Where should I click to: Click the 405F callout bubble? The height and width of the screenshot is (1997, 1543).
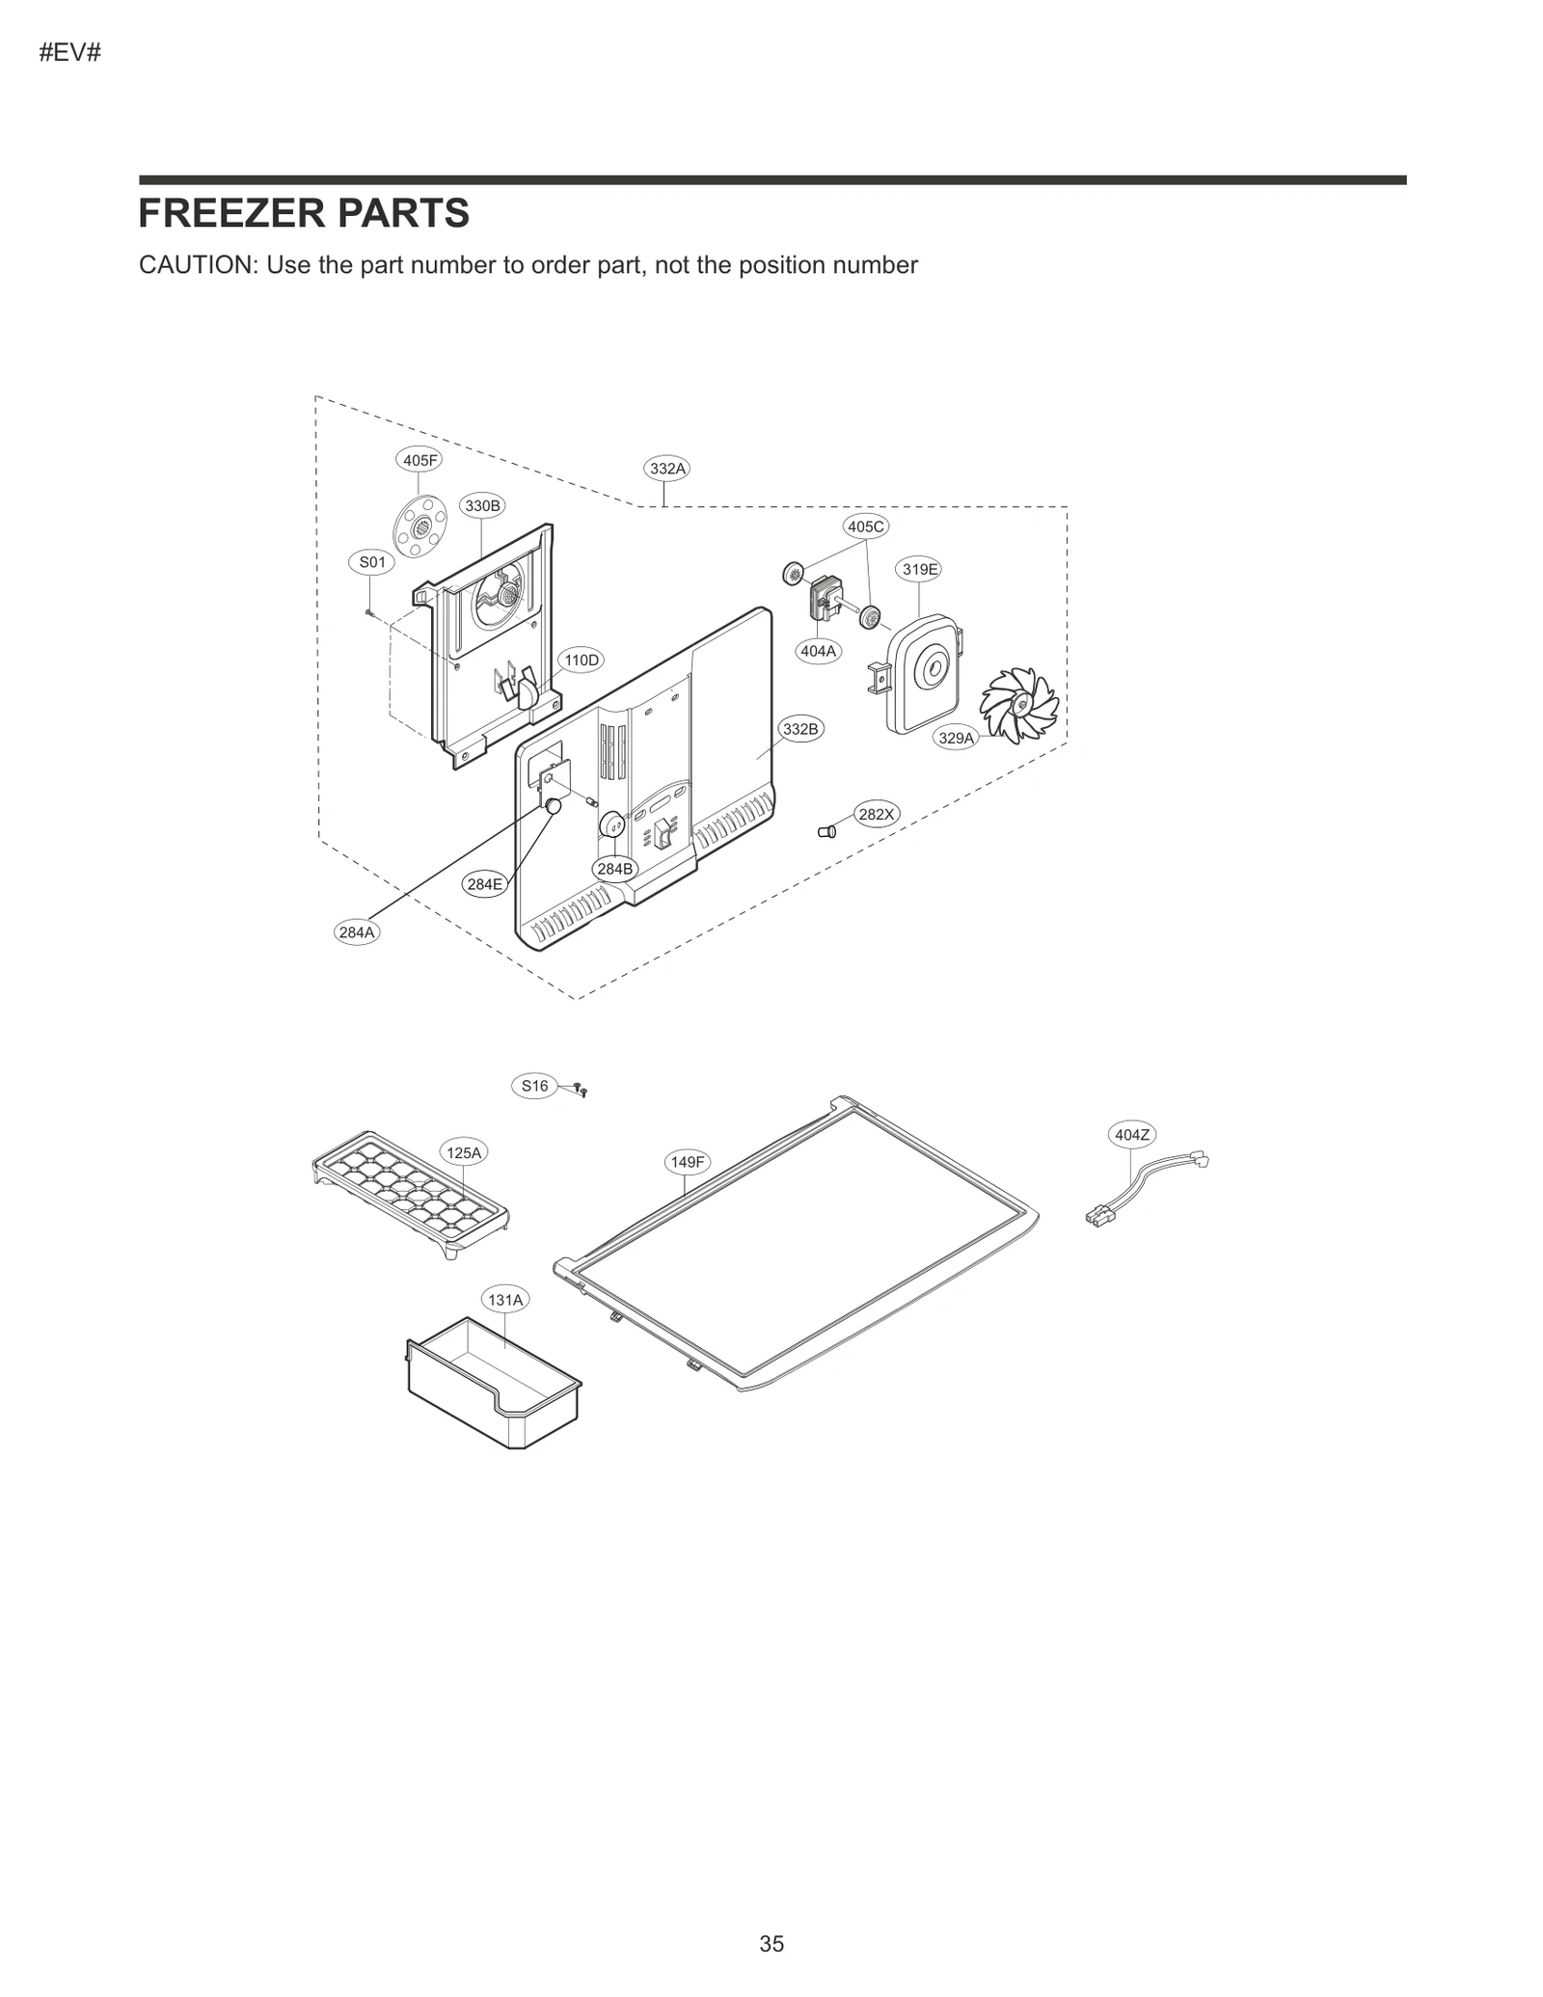tap(420, 460)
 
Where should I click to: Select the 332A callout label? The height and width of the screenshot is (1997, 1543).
tap(667, 469)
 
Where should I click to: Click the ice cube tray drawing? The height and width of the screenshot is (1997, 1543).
tap(410, 1194)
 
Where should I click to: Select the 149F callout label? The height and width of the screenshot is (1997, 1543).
tap(688, 1162)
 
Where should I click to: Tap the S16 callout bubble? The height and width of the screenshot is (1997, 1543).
tap(534, 1086)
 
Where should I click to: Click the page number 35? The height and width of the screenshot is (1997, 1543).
tap(771, 1944)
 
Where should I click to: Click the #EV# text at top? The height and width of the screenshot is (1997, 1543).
tap(69, 52)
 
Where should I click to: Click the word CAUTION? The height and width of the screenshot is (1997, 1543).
tap(198, 265)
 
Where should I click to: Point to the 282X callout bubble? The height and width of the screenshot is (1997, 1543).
tap(877, 814)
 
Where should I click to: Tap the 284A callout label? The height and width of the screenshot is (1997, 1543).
tap(357, 931)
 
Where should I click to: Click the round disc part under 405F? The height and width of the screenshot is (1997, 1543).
tap(420, 526)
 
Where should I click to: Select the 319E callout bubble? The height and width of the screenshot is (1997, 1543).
tap(920, 569)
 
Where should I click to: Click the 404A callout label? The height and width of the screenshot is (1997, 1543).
tap(819, 651)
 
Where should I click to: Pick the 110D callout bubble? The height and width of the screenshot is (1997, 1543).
tap(582, 660)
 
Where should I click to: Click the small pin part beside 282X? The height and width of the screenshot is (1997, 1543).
tap(826, 831)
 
